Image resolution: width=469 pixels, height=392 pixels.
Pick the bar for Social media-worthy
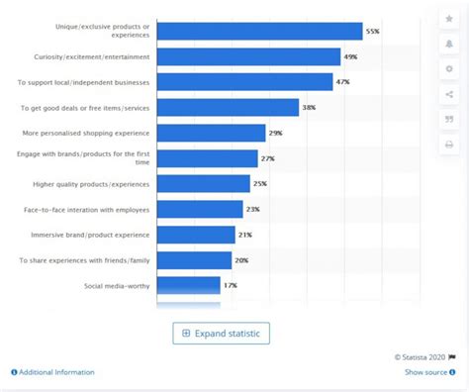pos(189,285)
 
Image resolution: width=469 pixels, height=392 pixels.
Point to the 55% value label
pos(372,31)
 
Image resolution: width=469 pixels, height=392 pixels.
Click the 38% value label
pos(309,107)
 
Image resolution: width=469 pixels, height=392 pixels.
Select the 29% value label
pos(276,133)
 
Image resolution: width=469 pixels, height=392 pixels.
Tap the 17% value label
pos(230,285)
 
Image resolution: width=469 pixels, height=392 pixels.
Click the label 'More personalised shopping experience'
pos(87,133)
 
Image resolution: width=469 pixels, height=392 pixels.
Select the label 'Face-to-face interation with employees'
pos(87,210)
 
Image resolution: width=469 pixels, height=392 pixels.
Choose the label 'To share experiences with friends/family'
pos(85,260)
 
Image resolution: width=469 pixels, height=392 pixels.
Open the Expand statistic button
pos(221,333)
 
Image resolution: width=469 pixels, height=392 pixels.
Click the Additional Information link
pos(53,372)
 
